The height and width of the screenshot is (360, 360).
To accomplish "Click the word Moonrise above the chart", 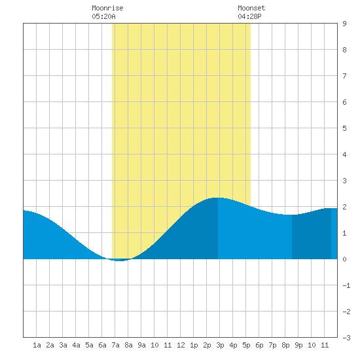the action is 107,9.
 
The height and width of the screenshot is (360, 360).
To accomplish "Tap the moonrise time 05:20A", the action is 103,16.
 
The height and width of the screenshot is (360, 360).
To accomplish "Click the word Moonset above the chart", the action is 251,9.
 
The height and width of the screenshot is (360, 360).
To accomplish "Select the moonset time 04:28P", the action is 249,16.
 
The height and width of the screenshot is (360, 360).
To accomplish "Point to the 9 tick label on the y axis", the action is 344,24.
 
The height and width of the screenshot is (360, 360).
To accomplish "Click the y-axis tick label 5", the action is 344,128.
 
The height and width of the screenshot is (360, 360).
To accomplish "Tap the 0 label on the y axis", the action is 344,259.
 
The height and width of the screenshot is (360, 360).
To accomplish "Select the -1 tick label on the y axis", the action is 346,285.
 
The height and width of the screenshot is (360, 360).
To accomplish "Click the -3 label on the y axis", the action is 346,338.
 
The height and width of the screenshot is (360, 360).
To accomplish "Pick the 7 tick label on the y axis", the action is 344,76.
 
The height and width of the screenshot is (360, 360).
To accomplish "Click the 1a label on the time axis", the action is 37,345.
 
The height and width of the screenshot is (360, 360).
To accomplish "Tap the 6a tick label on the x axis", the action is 102,345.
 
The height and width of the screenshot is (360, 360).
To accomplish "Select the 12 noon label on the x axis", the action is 181,345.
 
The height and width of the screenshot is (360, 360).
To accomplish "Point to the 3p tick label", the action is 220,345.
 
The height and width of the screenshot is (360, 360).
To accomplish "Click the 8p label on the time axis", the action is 285,345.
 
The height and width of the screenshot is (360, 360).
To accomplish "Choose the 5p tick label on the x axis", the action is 246,345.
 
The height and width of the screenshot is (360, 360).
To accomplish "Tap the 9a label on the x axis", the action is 141,345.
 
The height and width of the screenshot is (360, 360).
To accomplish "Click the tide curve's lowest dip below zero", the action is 119,261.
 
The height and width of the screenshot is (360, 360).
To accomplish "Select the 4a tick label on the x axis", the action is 76,345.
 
